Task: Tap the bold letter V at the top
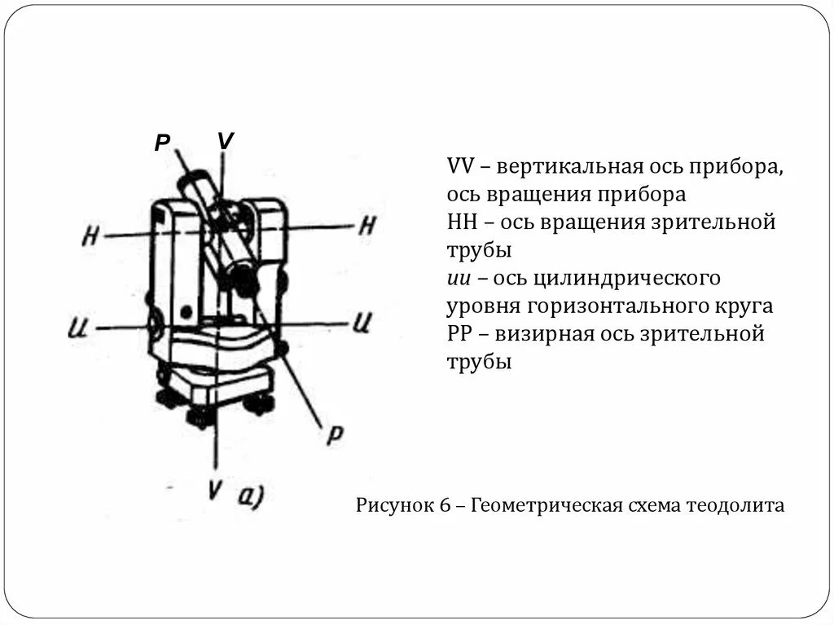click(226, 141)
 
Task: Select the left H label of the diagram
click(90, 237)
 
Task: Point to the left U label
click(78, 329)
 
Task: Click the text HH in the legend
click(462, 222)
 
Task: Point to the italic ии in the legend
click(457, 279)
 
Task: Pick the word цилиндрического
click(627, 279)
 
